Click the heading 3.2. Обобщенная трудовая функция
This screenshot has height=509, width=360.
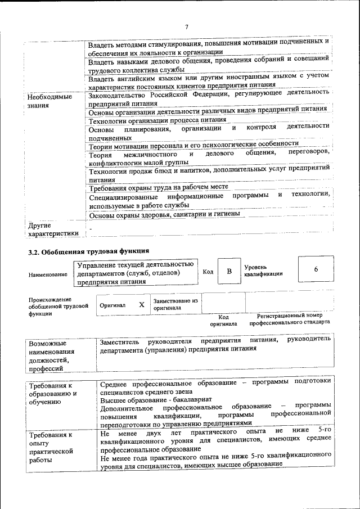(89, 251)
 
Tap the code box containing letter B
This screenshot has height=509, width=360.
(229, 272)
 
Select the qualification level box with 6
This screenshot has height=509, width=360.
(316, 270)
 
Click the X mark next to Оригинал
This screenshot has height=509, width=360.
(142, 304)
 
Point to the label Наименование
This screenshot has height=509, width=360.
(47, 274)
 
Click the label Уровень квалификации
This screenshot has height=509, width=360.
(263, 270)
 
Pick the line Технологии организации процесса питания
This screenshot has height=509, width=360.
(157, 120)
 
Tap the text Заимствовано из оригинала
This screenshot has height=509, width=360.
(175, 304)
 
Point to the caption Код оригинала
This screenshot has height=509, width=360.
(223, 321)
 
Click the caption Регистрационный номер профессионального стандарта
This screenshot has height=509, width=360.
(290, 320)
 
